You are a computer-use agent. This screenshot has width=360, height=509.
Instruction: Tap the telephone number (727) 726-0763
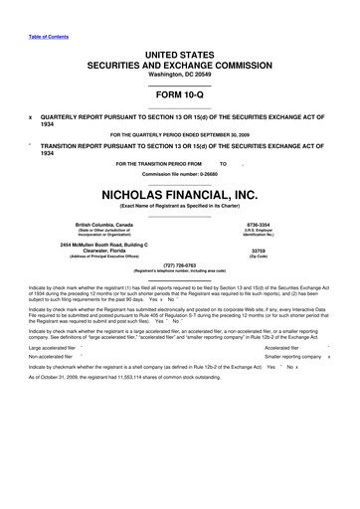(180, 265)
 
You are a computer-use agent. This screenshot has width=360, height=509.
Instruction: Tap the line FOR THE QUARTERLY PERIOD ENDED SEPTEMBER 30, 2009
(180, 132)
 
